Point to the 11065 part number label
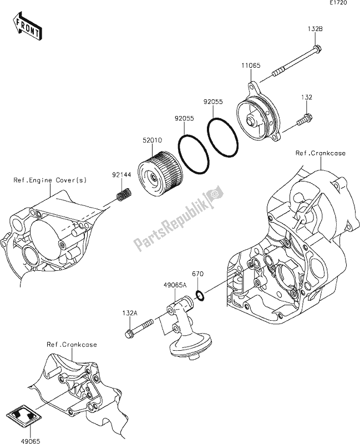pyautogui.click(x=250, y=66)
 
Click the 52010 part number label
pyautogui.click(x=153, y=142)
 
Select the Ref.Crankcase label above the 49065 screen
pyautogui.click(x=73, y=345)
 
